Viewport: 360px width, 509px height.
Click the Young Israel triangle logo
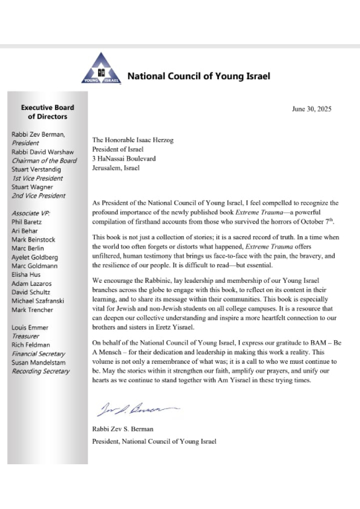(100, 68)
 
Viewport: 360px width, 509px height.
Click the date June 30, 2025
(311, 109)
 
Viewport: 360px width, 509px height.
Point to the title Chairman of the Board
(44, 161)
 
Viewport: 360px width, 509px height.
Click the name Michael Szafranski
(41, 301)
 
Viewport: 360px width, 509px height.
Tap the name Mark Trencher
(32, 310)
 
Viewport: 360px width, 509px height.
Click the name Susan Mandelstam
(40, 363)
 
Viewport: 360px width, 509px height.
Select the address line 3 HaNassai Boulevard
(124, 158)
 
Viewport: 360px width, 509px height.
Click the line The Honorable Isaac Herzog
(133, 140)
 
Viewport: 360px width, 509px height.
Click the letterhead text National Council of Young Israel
(198, 76)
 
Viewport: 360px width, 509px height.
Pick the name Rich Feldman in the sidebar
(32, 345)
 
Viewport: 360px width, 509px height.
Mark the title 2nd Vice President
(38, 196)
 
